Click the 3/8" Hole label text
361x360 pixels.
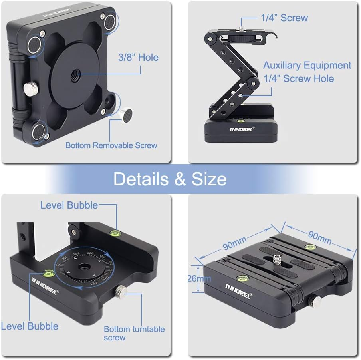pos(138,58)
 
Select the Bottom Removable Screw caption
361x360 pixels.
pos(111,145)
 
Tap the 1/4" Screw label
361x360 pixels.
pos(284,18)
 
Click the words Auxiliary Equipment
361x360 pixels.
pos(307,66)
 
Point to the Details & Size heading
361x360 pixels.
pos(170,179)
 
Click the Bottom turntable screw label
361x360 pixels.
pos(134,333)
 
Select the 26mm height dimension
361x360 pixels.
pos(198,278)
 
